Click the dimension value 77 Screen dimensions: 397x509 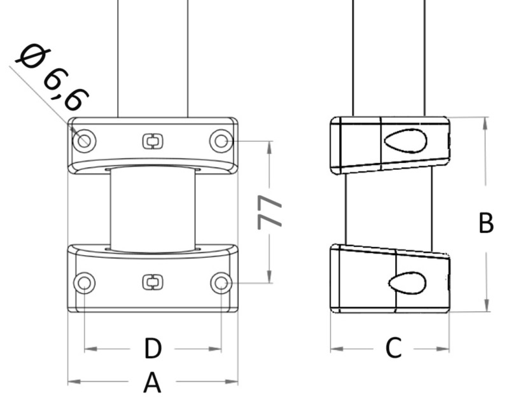(x=270, y=212)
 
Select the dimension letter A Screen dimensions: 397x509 (x=151, y=383)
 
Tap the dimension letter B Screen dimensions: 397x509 (x=485, y=223)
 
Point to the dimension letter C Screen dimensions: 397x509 (x=393, y=348)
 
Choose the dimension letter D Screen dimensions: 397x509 (x=153, y=349)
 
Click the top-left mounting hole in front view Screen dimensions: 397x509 (x=85, y=140)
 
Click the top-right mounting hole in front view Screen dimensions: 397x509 (x=221, y=140)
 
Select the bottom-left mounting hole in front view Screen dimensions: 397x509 (x=85, y=282)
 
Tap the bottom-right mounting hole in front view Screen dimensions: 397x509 (x=221, y=282)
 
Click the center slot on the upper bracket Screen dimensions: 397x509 (x=151, y=141)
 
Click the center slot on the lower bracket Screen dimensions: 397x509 (x=151, y=282)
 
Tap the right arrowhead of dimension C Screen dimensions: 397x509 (x=445, y=349)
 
